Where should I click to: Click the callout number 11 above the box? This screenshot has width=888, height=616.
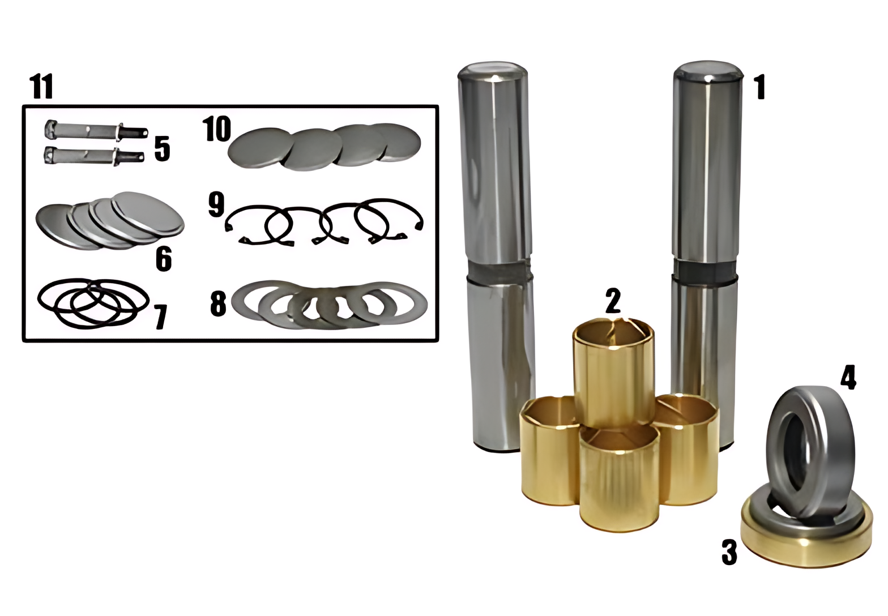41,87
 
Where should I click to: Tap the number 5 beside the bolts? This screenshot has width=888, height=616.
162,149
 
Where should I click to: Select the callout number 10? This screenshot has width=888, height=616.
216,129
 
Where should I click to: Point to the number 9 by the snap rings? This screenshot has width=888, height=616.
216,204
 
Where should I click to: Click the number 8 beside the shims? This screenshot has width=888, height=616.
218,303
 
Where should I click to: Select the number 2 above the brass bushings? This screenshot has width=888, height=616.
613,301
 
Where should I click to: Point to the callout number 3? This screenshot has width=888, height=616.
729,552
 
